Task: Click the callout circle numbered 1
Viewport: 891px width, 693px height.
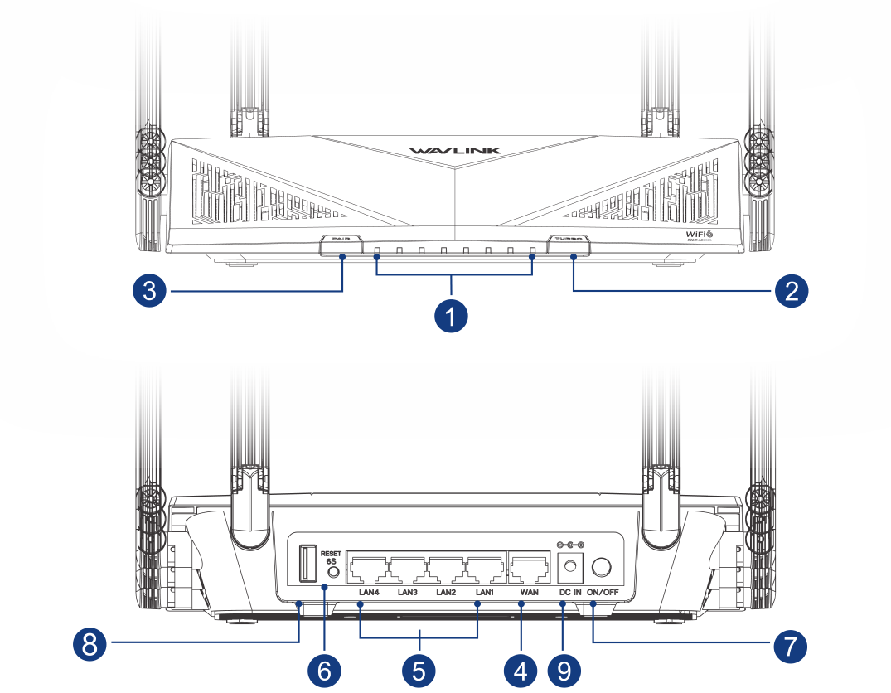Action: point(451,316)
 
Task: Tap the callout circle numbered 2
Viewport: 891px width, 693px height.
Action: point(792,291)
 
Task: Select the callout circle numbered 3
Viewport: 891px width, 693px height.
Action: point(149,291)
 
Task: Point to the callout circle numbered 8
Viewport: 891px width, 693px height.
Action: point(89,642)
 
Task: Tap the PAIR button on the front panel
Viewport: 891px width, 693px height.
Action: point(340,240)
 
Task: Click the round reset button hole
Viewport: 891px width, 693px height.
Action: point(333,571)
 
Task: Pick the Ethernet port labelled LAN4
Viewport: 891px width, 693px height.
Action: point(369,569)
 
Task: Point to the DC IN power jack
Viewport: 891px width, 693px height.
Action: point(570,568)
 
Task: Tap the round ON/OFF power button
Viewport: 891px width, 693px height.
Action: point(603,567)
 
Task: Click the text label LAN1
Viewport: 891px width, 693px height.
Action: point(485,593)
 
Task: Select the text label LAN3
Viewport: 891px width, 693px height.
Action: point(407,593)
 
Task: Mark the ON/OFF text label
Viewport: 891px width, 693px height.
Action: point(603,593)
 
